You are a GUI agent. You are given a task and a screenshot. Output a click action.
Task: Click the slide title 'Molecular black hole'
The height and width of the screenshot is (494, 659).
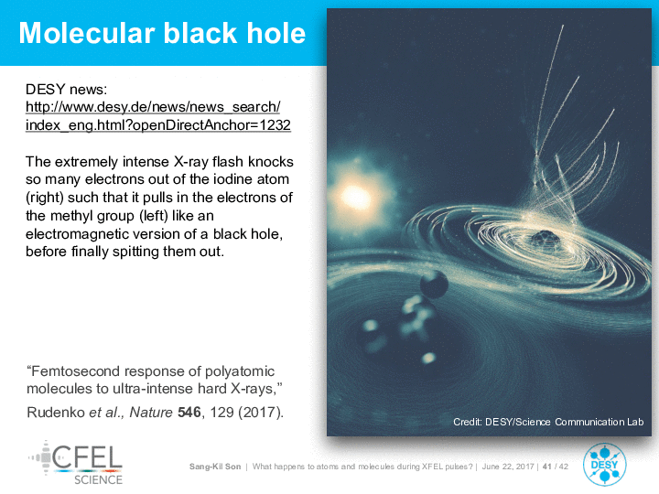(162, 33)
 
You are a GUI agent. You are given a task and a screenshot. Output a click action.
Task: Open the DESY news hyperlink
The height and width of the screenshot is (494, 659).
(158, 116)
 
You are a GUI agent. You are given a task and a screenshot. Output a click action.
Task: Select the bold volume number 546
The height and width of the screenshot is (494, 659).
(189, 412)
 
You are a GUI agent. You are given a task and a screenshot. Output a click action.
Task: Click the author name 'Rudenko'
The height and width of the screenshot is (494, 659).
(56, 412)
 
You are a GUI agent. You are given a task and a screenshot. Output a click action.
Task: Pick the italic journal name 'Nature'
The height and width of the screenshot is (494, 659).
(151, 412)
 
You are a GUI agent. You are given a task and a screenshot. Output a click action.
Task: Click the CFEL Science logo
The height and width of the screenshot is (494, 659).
(76, 463)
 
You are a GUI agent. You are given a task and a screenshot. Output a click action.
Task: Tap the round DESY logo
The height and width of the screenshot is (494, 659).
(604, 465)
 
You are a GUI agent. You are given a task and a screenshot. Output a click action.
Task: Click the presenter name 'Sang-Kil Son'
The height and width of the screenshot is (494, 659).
(215, 467)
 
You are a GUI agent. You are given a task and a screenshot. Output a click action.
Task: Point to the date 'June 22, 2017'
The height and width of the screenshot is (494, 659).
(508, 467)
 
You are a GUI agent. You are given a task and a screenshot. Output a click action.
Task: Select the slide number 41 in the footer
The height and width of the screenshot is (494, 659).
(546, 467)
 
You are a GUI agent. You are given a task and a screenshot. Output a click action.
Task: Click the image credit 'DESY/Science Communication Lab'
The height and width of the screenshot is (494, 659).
(564, 422)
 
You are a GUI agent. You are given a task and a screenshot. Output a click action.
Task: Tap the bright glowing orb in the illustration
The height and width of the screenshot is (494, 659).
(356, 196)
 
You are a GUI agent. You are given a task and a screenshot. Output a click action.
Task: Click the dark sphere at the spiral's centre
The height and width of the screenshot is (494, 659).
(546, 238)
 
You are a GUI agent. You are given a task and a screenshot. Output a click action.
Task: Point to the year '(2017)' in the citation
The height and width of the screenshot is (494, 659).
(261, 412)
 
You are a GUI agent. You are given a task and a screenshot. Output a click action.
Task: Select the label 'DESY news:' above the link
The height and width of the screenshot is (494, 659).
(67, 90)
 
